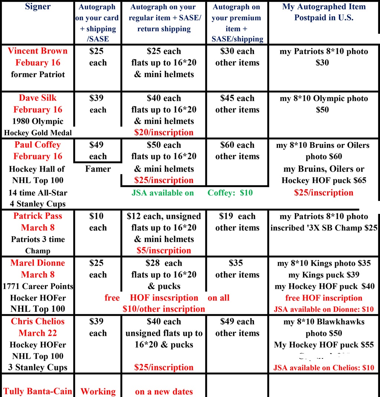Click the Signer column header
click(x=37, y=6)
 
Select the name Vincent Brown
click(x=37, y=51)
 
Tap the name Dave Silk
click(x=37, y=98)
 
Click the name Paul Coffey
click(x=37, y=145)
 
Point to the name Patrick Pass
click(x=37, y=216)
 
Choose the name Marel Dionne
click(x=37, y=263)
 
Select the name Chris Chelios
click(x=37, y=321)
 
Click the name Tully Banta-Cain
click(x=37, y=391)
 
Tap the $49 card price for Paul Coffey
click(x=96, y=145)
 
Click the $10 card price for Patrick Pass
click(x=96, y=216)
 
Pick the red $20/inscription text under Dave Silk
click(x=163, y=132)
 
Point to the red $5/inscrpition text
click(x=163, y=251)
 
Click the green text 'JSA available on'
click(x=162, y=193)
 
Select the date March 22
click(x=37, y=333)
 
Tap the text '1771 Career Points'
click(x=37, y=286)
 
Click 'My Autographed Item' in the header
click(x=324, y=7)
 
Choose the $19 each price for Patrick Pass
click(x=237, y=216)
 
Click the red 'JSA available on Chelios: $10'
click(x=324, y=368)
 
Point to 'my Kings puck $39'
click(x=324, y=275)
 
